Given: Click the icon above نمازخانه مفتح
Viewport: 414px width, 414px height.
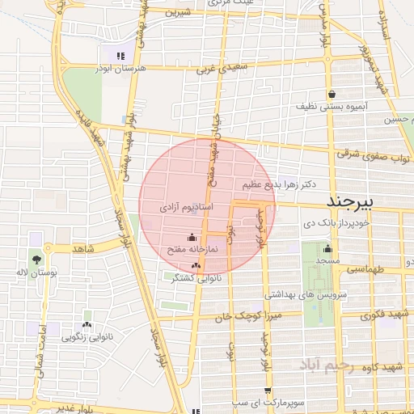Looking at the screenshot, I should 191,237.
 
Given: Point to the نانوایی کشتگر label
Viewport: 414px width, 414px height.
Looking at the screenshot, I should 195,277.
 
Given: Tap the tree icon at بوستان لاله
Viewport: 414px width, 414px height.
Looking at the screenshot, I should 36,260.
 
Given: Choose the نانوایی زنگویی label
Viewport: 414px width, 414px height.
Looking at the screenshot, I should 87,336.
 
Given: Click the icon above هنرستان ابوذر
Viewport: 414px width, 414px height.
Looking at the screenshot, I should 120,56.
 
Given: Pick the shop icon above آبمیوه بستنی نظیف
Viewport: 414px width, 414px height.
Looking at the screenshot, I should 332,94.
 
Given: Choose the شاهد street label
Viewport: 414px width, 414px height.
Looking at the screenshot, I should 83,249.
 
